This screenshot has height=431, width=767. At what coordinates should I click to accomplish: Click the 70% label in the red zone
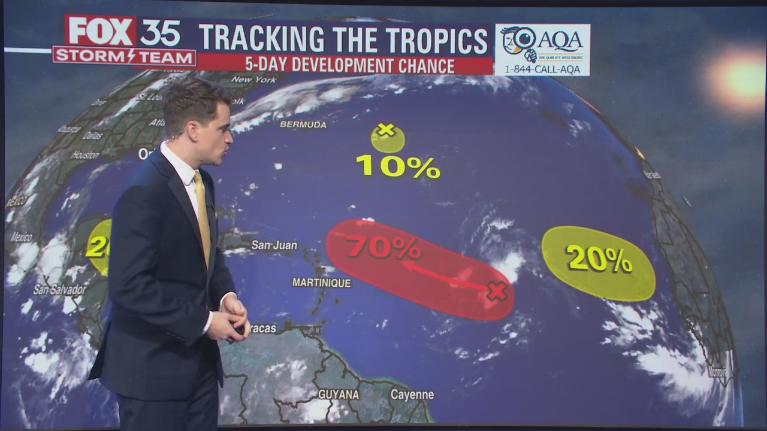383,247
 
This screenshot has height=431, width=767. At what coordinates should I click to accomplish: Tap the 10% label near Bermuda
398,166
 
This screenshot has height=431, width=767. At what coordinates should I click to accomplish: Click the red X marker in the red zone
496,292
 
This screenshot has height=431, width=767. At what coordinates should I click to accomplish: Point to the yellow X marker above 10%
386,129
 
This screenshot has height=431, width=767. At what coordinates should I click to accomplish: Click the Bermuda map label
303,125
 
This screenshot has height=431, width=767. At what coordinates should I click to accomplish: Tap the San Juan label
274,245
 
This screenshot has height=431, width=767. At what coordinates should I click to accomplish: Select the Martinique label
321,283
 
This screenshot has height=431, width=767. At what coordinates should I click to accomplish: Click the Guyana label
339,394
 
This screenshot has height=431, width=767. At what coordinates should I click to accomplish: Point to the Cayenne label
412,394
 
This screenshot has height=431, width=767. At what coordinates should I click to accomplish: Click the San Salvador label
59,290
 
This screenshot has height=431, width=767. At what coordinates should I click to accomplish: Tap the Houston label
85,155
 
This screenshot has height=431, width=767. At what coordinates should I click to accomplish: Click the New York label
253,80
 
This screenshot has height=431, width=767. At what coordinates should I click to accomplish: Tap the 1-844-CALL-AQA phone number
542,68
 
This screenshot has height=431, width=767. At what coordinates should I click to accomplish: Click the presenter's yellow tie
203,215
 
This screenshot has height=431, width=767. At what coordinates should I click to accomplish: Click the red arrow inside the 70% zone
443,277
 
